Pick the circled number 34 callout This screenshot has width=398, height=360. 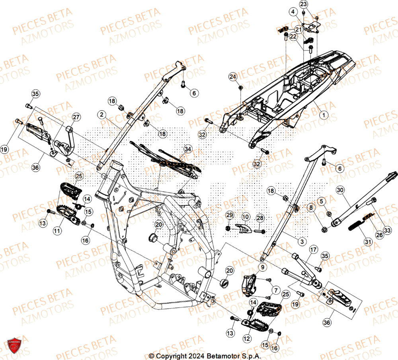pyautogui.click(x=187, y=149)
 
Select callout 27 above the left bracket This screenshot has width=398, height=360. pyautogui.click(x=76, y=117)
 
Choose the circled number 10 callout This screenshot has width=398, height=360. pyautogui.click(x=245, y=217)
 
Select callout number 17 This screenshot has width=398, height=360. pyautogui.click(x=314, y=250)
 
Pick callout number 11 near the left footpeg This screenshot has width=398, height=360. pyautogui.click(x=57, y=230)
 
